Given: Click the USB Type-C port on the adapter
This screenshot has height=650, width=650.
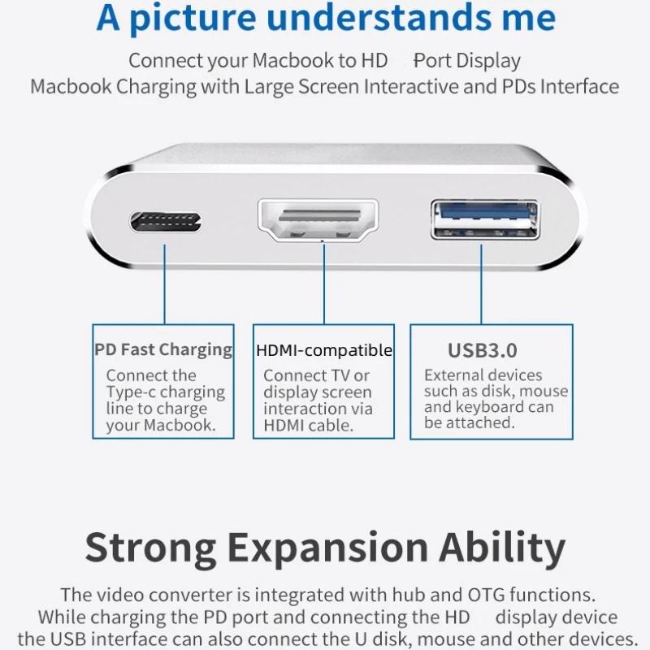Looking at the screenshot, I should (x=165, y=221).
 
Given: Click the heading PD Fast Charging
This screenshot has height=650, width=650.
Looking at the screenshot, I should (x=163, y=350).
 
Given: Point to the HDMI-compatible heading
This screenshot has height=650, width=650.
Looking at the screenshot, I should (x=323, y=351).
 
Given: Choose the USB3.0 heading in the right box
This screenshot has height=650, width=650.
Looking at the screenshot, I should (x=483, y=351).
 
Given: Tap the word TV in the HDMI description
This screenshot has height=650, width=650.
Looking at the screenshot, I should (x=340, y=375).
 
